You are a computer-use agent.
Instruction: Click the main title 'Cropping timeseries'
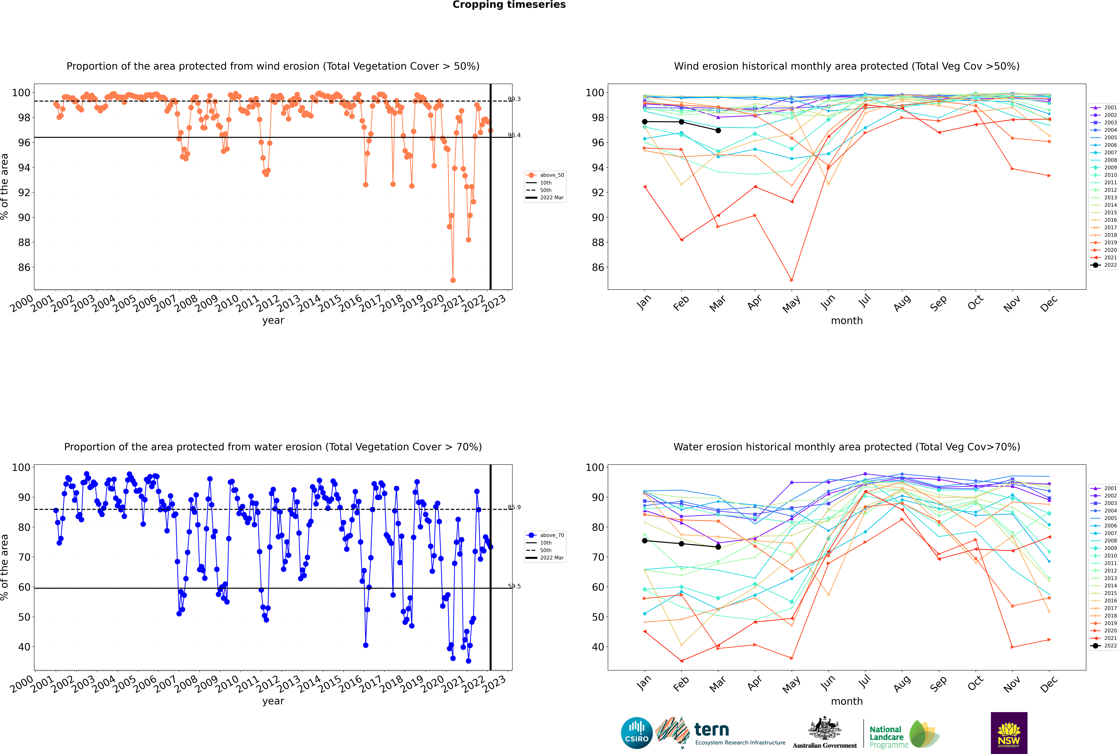(509, 5)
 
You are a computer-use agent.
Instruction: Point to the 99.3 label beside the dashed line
(514, 99)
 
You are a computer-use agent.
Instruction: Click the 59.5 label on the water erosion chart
(514, 586)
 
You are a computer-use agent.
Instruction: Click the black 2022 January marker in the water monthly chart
(645, 541)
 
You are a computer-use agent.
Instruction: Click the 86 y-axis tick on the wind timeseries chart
(24, 267)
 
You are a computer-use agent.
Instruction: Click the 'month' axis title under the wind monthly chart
(847, 321)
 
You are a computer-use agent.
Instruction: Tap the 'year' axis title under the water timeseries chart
(273, 701)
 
